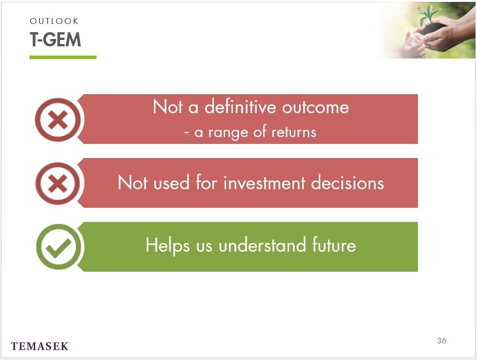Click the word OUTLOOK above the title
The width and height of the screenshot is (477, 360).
54,21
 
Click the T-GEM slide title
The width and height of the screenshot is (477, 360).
55,40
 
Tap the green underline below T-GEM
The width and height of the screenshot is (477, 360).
63,57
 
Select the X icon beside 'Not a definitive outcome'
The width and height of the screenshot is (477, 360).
58,120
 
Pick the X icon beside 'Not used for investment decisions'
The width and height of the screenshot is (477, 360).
58,183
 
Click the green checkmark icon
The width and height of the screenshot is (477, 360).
59,247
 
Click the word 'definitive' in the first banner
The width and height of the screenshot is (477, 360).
240,107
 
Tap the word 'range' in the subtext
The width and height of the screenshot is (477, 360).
228,133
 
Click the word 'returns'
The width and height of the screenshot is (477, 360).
294,132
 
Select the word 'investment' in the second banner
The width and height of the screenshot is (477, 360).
264,183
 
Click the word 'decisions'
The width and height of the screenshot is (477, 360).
348,183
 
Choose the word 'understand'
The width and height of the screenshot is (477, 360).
262,245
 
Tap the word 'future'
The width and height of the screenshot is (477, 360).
334,245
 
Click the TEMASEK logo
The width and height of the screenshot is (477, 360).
40,346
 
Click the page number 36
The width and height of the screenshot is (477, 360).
442,340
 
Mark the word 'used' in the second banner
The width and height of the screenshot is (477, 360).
171,183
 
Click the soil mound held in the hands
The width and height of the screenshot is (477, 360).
432,29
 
